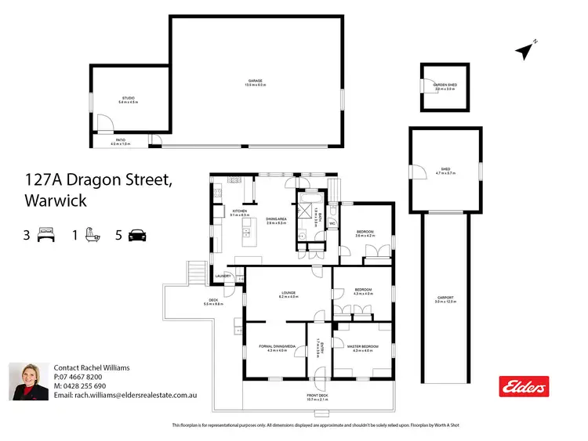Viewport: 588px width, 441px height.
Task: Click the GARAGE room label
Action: pos(256,80)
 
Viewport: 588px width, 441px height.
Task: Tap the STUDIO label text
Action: pos(127,99)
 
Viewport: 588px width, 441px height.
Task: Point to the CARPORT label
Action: pos(445,298)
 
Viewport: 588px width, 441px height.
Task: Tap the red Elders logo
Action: pos(524,386)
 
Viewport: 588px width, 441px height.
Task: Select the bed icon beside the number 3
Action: pos(45,235)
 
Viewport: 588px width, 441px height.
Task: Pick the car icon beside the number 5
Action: pos(138,235)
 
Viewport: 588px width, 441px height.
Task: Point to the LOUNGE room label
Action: pos(289,293)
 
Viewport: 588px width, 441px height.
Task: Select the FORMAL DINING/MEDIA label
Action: pos(278,345)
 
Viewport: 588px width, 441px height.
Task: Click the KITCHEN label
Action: pos(239,211)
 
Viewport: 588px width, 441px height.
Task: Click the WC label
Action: pos(332,224)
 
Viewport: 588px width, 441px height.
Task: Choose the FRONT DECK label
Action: pos(318,396)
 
